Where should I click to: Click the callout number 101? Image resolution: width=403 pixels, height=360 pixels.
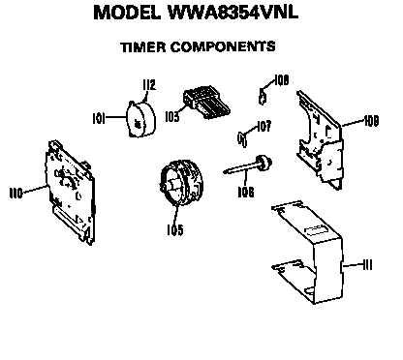click(x=98, y=120)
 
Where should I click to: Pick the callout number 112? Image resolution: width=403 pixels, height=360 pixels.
click(x=148, y=85)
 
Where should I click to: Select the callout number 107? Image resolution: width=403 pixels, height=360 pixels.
click(x=264, y=125)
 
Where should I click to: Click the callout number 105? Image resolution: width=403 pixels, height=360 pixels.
click(x=174, y=229)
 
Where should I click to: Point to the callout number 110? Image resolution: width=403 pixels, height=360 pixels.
click(x=16, y=193)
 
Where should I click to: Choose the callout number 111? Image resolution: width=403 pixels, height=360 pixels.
click(x=366, y=262)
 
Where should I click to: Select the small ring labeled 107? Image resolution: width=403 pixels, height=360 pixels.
click(x=243, y=133)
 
